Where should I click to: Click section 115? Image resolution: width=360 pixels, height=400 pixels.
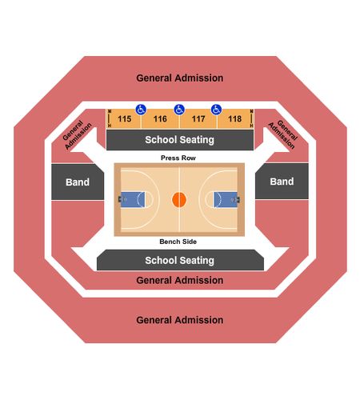(124, 119)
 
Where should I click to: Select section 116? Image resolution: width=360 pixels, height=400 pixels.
(160, 119)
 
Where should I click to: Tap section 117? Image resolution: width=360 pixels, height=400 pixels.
(198, 119)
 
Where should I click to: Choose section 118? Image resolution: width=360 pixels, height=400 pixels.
(234, 119)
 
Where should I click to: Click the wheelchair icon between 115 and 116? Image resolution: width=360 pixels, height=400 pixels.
(141, 110)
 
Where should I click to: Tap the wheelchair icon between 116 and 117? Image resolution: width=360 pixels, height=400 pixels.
(179, 110)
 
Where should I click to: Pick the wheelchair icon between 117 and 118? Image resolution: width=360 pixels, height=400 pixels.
(216, 110)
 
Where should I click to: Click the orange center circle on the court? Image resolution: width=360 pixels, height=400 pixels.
(179, 200)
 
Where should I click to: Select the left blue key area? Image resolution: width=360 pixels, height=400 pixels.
(133, 199)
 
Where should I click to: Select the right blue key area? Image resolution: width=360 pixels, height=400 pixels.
(226, 199)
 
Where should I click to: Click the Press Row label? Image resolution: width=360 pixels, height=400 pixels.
(178, 158)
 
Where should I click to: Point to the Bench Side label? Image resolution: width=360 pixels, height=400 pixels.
(178, 242)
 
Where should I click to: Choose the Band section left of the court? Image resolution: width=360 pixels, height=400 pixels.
(78, 182)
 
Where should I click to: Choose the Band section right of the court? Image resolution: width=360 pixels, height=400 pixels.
(282, 182)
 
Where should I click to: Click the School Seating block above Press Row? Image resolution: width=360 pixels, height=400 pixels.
(180, 140)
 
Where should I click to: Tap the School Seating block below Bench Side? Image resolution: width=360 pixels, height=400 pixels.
(180, 260)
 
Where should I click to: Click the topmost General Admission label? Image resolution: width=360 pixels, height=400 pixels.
(180, 78)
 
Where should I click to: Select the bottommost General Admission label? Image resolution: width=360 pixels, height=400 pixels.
(180, 320)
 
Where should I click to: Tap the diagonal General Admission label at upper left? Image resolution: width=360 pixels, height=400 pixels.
(77, 134)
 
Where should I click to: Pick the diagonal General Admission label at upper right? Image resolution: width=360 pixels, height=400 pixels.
(283, 134)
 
